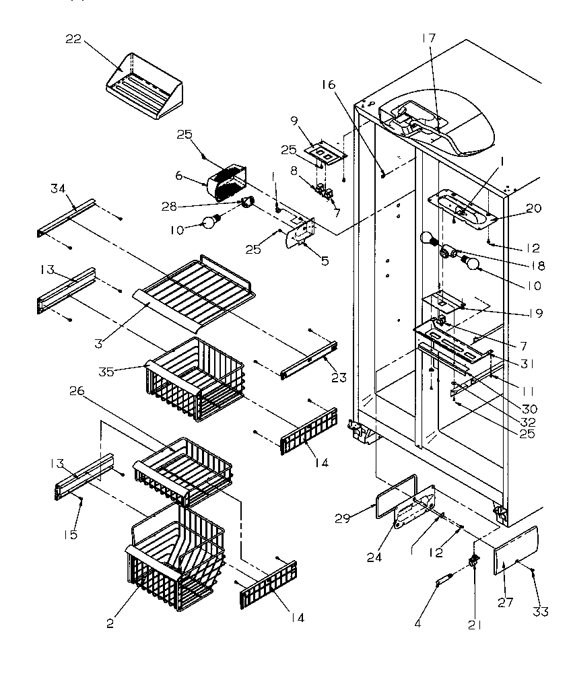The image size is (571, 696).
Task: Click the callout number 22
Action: pos(73,39)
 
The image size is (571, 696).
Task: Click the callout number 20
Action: pos(533,209)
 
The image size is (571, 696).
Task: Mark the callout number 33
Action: pos(540,611)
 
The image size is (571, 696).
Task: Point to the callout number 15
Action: pos(71,534)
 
